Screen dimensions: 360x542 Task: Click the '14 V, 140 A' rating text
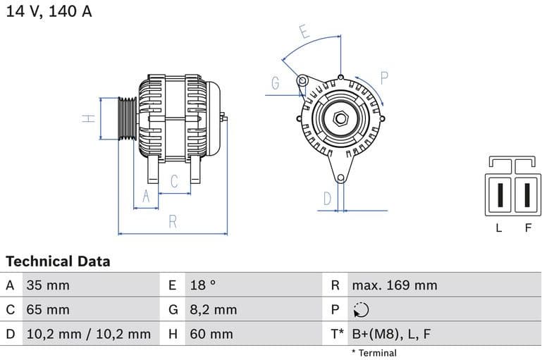pos(49,12)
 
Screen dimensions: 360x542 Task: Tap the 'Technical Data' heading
pos(58,261)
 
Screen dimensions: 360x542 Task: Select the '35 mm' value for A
pos(48,285)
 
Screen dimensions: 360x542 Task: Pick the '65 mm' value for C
pos(48,309)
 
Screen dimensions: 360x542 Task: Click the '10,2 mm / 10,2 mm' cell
pos(88,333)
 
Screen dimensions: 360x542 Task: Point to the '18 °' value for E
pos(203,285)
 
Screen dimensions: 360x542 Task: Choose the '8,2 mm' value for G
pos(214,309)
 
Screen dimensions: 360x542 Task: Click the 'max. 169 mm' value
pos(395,285)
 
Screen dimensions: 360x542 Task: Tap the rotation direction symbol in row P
pos(360,309)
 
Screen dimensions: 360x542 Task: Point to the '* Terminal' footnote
pos(374,352)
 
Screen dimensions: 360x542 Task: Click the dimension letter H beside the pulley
pos(89,118)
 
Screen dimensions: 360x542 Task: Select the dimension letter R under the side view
pos(173,222)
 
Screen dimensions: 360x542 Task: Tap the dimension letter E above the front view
pos(304,32)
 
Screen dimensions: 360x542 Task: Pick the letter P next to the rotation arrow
pos(385,77)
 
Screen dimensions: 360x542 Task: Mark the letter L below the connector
pos(498,228)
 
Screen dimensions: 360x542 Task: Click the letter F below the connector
pos(527,228)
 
